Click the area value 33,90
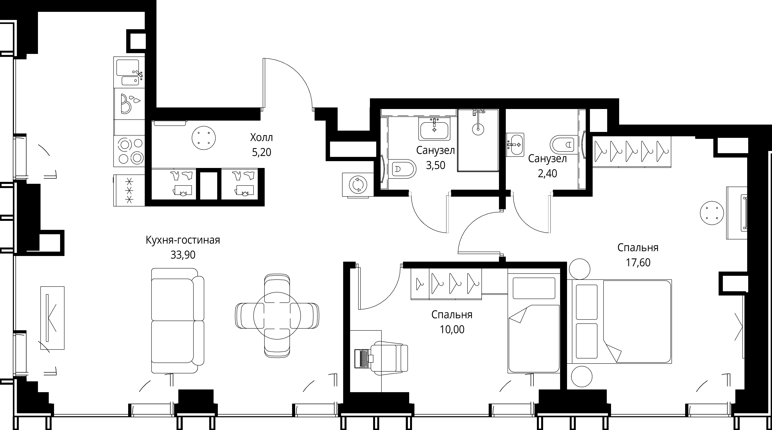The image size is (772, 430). [183, 255]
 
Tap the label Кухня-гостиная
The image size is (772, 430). [183, 240]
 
